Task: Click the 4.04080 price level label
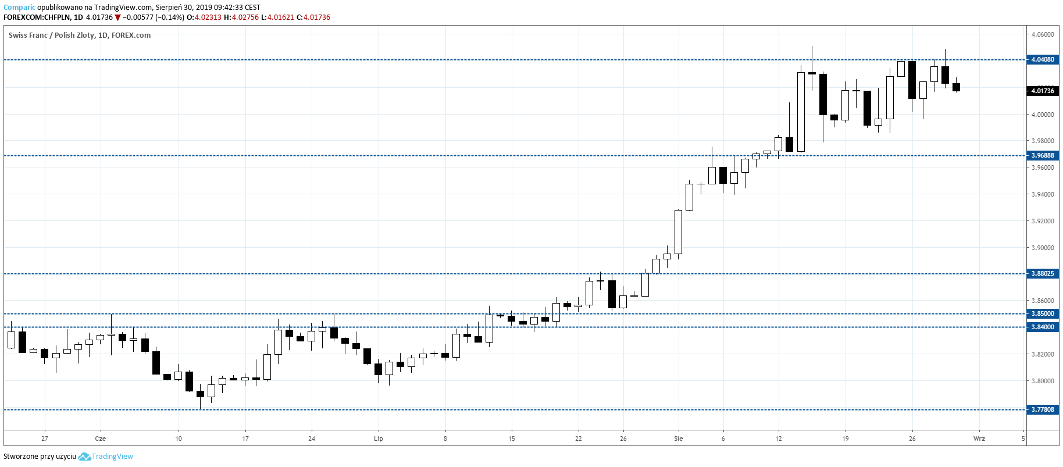click(1042, 59)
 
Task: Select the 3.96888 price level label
click(1042, 155)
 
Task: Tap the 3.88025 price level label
click(1042, 273)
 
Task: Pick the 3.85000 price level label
click(1042, 313)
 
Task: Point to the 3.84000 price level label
click(1042, 327)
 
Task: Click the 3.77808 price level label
click(1042, 409)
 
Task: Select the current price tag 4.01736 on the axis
click(1042, 91)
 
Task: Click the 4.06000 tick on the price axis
click(1042, 34)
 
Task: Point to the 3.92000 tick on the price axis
click(1042, 221)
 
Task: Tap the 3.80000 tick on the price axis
click(1042, 381)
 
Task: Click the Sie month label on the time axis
click(679, 439)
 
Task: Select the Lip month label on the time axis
click(379, 439)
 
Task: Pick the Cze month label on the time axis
click(100, 439)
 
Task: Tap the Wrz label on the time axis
click(979, 439)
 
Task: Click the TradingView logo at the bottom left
click(106, 457)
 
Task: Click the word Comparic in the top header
click(19, 8)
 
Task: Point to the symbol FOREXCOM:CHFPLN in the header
click(37, 17)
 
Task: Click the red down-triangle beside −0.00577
click(118, 17)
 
